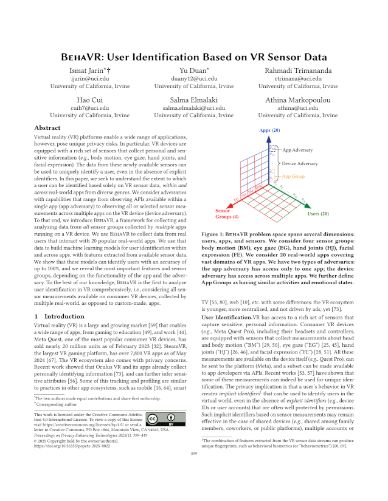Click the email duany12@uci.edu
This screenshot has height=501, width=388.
193,79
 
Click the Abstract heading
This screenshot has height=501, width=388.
47,128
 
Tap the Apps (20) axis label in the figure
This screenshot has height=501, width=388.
269,131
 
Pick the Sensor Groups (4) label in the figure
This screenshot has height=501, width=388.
227,213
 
